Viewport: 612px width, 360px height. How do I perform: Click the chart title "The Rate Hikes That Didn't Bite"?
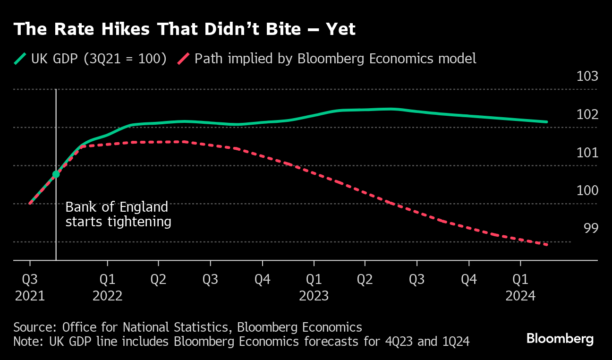point(184,29)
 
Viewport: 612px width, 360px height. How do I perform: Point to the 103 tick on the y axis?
point(587,77)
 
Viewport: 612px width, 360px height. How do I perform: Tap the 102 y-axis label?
point(587,115)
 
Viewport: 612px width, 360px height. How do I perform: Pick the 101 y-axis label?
point(587,153)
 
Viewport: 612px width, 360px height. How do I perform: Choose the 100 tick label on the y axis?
point(587,191)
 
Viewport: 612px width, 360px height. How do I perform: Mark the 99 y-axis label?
point(591,229)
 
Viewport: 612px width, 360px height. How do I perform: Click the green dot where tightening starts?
point(56,174)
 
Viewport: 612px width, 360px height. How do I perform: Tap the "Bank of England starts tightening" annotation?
point(118,214)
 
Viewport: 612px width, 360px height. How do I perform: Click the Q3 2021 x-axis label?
point(30,288)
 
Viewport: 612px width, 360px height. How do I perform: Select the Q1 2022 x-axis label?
point(108,288)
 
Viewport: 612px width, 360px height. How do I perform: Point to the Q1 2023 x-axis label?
point(314,288)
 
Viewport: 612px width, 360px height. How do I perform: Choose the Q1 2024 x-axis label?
point(520,288)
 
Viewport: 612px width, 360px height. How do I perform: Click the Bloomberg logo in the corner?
point(560,339)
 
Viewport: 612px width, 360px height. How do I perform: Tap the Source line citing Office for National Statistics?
point(187,327)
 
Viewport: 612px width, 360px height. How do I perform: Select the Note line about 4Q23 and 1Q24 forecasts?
point(241,342)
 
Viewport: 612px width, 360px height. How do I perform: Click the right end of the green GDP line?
point(546,122)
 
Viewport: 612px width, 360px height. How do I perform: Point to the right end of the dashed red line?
point(546,245)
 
